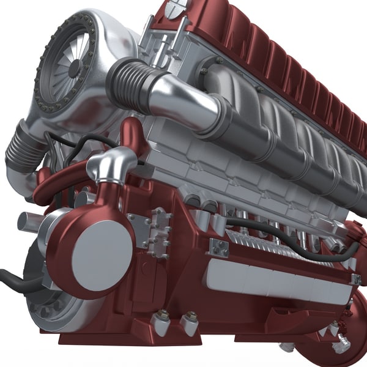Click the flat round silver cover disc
point(102,250)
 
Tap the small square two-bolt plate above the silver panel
point(218,248)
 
